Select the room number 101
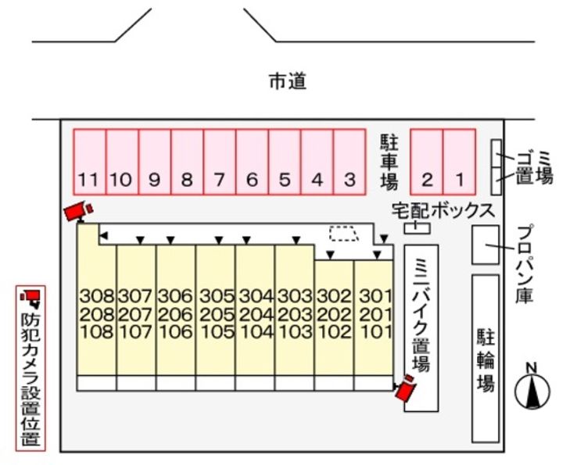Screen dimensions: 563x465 tap(375, 331)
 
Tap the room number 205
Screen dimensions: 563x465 tap(217, 314)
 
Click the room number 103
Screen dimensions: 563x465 tap(296, 331)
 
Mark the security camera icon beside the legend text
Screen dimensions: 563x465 tap(31, 297)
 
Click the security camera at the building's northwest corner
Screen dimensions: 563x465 tap(78, 210)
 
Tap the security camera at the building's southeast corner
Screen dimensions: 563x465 tap(406, 388)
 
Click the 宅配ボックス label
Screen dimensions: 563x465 tap(443, 210)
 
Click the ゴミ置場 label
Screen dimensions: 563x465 tap(534, 167)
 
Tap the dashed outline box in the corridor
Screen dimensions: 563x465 tap(342, 233)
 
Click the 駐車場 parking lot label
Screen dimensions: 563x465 tap(389, 162)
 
